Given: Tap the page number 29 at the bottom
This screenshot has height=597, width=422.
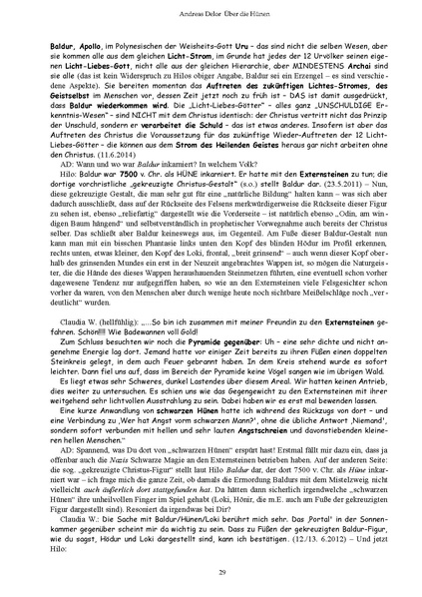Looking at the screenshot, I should (x=211, y=570).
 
